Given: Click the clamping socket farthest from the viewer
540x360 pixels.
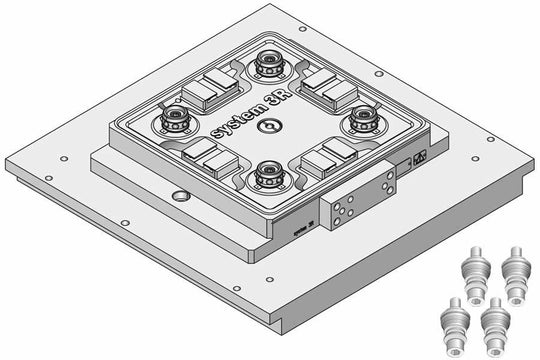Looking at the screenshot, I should click(x=268, y=66).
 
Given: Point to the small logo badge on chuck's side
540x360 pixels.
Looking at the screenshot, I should click(x=419, y=158).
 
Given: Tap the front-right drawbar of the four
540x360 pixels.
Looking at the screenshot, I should click(x=493, y=323).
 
